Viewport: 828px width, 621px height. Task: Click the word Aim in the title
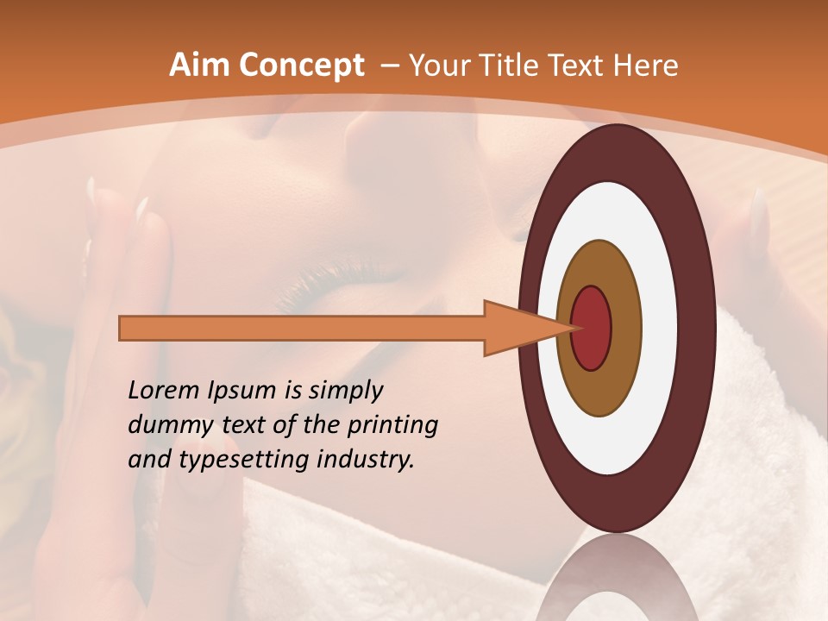point(199,66)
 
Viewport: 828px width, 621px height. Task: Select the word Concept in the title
point(301,66)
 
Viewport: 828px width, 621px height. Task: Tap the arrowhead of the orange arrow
point(517,329)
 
